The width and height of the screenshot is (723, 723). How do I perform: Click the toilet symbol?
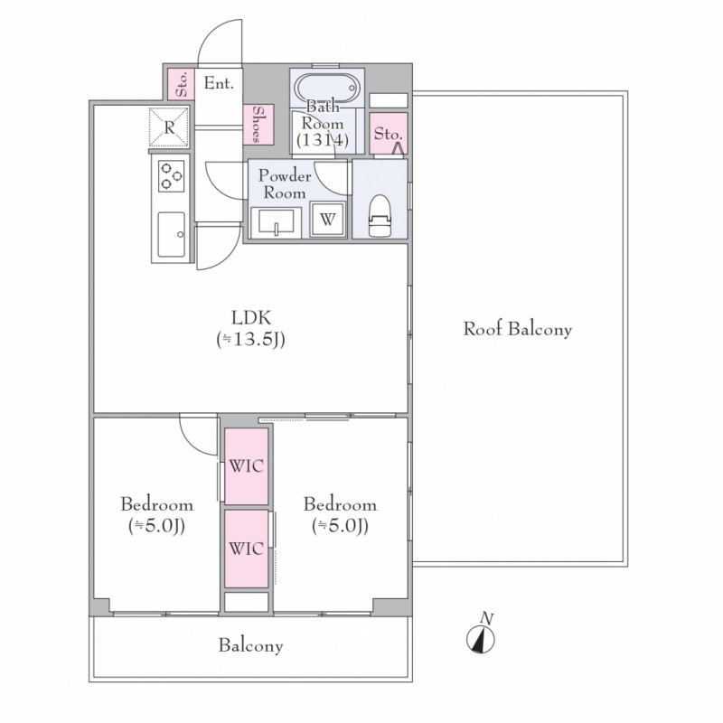coord(380,216)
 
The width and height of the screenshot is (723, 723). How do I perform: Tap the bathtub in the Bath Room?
coord(326,88)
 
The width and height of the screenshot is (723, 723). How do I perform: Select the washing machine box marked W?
coord(328,220)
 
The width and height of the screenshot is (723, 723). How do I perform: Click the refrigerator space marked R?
coord(169,127)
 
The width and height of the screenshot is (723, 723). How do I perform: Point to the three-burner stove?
coord(171,175)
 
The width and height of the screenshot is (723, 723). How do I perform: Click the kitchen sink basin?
coord(172,235)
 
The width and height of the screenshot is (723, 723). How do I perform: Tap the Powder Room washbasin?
coord(277,222)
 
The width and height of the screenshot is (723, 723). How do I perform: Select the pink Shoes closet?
coord(258,125)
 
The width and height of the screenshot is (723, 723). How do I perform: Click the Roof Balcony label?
coord(517,329)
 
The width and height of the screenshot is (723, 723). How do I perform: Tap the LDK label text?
coord(251,318)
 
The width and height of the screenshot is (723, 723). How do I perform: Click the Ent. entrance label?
coord(219,83)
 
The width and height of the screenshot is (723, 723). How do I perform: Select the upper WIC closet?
coord(246,466)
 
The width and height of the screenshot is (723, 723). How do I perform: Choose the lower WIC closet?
coord(246,549)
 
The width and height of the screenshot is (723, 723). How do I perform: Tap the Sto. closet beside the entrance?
coord(181,83)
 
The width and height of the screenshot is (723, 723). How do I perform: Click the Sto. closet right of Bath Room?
coord(389,134)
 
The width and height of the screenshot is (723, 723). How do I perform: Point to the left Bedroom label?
coord(156,504)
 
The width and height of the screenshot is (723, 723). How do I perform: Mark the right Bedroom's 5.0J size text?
coord(340,526)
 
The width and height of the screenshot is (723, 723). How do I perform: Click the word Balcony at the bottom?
coord(251,645)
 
